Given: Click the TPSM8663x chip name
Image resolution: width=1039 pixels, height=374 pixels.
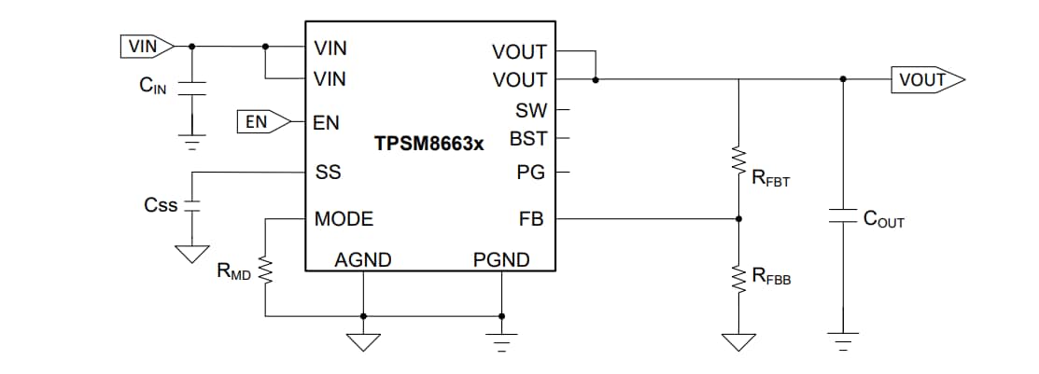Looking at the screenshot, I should (x=429, y=145).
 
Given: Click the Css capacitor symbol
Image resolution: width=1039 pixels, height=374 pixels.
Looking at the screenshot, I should (x=192, y=206).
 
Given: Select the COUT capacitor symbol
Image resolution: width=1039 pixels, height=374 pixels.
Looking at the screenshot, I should (x=843, y=217).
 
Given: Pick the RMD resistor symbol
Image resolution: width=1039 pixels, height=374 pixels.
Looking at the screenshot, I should (x=266, y=272).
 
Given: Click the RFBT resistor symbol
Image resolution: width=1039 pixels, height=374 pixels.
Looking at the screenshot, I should (x=739, y=160).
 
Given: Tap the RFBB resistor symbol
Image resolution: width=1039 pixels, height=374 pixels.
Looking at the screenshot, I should (x=739, y=277).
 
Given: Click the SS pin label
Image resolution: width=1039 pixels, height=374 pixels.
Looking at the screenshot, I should (x=328, y=173).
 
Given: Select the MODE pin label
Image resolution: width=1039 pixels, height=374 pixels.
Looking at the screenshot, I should (x=344, y=219).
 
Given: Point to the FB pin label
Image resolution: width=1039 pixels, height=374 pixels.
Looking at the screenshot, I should (x=531, y=219).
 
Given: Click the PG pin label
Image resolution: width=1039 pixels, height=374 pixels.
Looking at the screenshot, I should (x=530, y=173).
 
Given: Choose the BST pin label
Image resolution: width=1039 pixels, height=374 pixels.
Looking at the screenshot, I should (x=527, y=139).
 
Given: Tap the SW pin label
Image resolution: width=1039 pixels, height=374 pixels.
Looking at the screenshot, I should (x=530, y=111).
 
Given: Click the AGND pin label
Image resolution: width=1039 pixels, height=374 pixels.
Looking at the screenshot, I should (x=363, y=259).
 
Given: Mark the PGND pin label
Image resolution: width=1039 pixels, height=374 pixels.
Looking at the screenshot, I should (x=501, y=259).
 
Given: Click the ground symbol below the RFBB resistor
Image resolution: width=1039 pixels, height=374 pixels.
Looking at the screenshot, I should (x=739, y=341).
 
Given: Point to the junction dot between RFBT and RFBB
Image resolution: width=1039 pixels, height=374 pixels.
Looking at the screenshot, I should (x=739, y=219).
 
